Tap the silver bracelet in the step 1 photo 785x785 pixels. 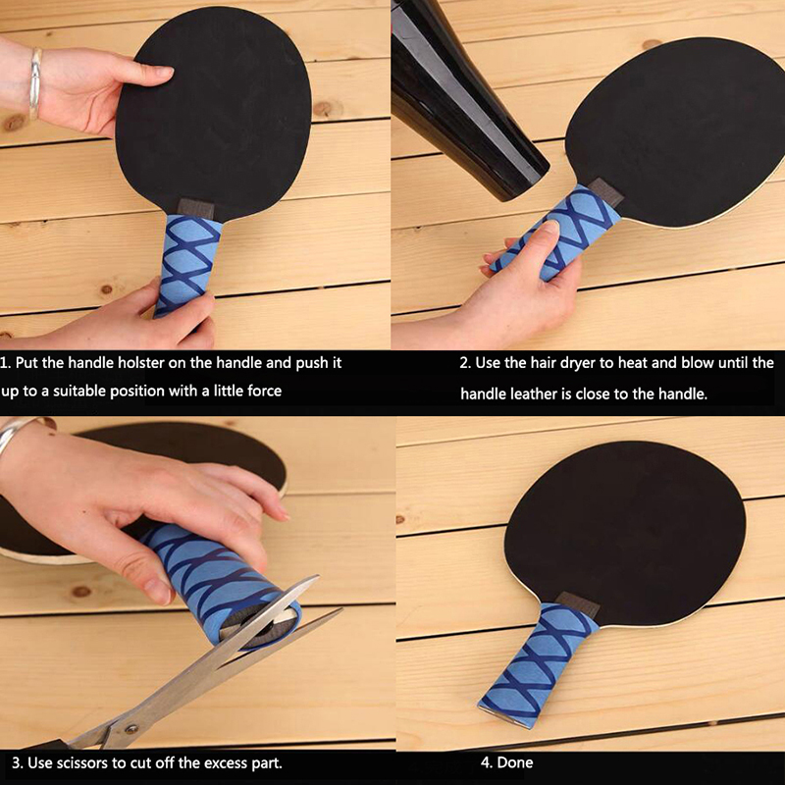point(35,83)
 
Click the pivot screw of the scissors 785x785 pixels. point(131,728)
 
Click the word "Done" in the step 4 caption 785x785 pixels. point(515,762)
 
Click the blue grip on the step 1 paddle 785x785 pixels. point(187,265)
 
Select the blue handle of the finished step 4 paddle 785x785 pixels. point(538,663)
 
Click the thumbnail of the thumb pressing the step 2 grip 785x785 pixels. point(550,227)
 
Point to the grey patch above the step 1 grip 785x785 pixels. point(196,208)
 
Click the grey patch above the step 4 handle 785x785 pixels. point(579,603)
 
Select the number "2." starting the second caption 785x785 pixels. point(465,362)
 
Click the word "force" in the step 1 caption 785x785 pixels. point(264,391)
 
